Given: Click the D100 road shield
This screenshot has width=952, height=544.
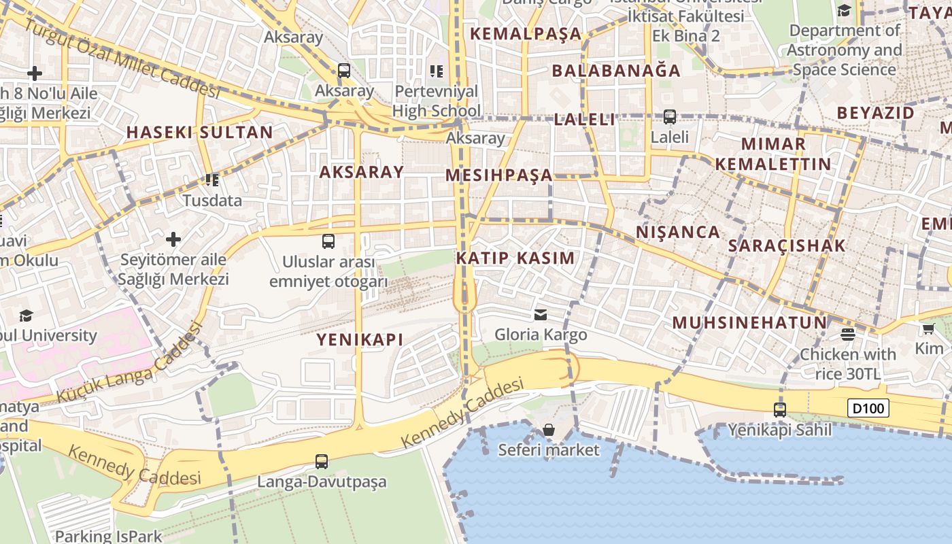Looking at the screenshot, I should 868,408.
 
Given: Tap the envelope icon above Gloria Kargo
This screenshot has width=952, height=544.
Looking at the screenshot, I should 541,314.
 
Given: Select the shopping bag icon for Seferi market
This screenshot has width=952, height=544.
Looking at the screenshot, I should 549,430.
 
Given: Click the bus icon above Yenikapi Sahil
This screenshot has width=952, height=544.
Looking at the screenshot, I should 780,410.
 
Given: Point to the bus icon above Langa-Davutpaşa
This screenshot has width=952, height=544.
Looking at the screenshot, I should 322,462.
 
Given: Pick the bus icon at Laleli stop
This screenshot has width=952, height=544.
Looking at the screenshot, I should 670,117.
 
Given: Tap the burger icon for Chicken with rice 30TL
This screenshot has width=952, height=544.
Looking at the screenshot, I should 847,334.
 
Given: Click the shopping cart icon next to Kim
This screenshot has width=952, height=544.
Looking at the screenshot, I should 928,329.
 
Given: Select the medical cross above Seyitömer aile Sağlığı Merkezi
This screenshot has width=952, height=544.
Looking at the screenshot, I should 173,239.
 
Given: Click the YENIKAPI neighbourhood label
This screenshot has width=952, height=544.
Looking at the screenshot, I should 360,339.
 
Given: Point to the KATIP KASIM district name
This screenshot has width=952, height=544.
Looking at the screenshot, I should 515,258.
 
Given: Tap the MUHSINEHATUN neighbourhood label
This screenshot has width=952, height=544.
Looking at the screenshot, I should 749,323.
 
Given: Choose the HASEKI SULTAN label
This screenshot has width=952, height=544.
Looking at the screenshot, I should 200,133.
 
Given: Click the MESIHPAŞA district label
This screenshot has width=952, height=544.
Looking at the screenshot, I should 498,175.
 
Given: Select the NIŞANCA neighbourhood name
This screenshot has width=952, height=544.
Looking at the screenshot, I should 678,233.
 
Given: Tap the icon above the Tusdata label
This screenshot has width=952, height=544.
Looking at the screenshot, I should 212,180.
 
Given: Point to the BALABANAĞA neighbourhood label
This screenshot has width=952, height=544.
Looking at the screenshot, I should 616,71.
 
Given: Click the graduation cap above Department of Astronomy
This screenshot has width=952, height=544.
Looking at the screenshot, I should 844,11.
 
